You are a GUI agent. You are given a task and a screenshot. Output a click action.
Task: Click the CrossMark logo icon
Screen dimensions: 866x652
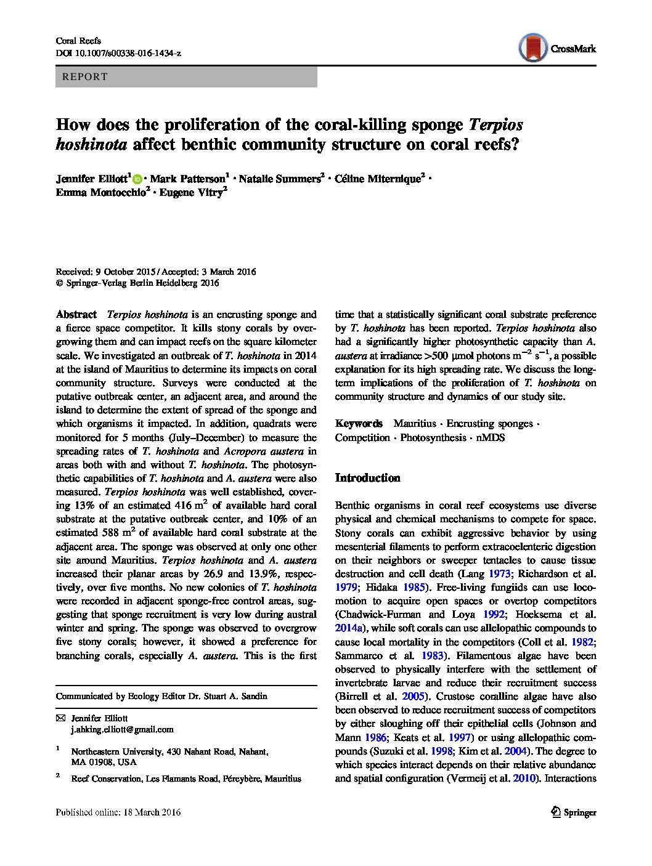point(533,48)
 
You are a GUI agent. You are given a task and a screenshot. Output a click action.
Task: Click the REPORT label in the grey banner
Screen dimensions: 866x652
point(85,77)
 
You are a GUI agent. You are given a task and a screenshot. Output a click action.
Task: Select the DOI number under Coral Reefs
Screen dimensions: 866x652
point(118,54)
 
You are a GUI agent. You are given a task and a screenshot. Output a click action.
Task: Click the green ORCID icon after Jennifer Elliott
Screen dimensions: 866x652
point(137,179)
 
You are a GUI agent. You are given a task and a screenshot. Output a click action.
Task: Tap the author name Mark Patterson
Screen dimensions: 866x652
point(188,179)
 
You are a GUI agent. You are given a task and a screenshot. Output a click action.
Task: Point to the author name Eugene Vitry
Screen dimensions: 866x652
point(191,193)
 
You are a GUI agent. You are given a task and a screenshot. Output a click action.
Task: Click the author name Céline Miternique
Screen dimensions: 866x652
point(378,179)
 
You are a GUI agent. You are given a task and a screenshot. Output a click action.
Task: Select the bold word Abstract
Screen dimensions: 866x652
point(76,314)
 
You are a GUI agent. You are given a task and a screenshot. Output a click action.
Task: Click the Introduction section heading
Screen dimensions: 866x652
point(367,478)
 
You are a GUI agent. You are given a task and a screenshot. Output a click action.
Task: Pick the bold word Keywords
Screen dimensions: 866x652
point(359,424)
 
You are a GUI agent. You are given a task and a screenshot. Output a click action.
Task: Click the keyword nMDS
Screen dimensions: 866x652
point(490,437)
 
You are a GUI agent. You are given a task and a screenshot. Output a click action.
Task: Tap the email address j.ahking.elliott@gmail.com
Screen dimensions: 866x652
point(122,729)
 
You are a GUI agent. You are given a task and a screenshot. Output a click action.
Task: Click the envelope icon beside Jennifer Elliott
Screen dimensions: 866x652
point(60,718)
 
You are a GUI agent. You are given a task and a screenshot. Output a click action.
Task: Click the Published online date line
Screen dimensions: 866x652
point(118,812)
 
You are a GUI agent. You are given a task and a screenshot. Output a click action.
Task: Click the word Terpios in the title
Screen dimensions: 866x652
point(495,125)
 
